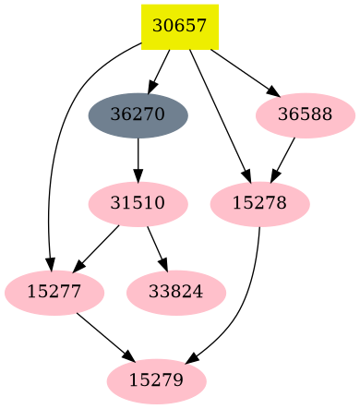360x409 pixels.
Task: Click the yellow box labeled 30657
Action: point(179,26)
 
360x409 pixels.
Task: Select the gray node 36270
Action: point(138,115)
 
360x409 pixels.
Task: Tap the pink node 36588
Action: point(305,115)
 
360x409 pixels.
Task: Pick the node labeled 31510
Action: point(138,202)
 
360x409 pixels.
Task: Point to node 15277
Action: point(54,292)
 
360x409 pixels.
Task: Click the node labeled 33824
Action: point(175,292)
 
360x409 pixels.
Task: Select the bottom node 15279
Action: point(156,379)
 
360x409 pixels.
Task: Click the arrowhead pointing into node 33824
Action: point(164,267)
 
